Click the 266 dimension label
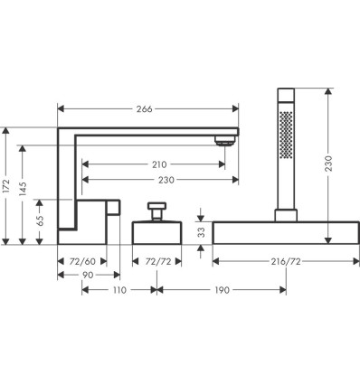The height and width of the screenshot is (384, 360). [x=145, y=108]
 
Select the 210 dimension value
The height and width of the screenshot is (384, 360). [x=159, y=164]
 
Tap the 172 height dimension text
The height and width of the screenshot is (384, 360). [x=6, y=187]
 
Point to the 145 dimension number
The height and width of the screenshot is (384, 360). [x=23, y=189]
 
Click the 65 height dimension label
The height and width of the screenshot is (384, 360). [x=40, y=221]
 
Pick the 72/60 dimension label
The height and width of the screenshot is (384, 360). [x=82, y=261]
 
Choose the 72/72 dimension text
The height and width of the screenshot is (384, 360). [x=158, y=261]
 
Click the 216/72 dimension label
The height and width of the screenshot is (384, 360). [x=286, y=261]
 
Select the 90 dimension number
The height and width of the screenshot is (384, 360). [x=88, y=275]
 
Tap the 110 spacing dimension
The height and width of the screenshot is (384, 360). [x=119, y=290]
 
